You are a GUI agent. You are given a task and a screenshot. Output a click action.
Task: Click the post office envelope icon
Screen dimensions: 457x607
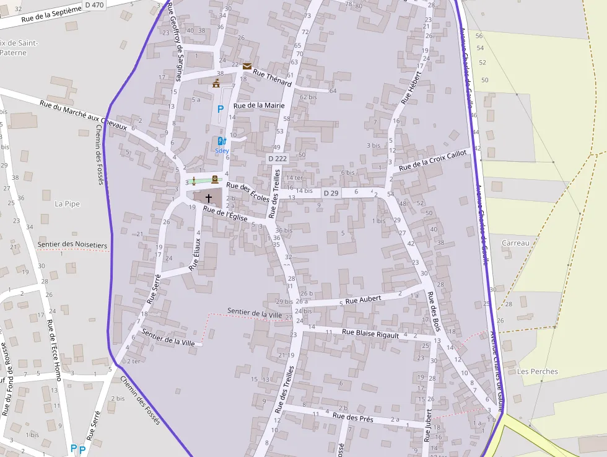pyautogui.click(x=247, y=66)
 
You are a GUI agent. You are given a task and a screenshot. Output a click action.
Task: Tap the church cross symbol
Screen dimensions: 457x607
pyautogui.click(x=209, y=198)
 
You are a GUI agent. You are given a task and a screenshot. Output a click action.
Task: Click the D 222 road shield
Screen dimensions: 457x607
pyautogui.click(x=277, y=159)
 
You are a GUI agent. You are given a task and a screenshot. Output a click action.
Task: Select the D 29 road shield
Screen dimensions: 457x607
pyautogui.click(x=331, y=193)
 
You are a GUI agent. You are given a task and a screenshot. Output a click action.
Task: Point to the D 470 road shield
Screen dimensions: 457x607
pyautogui.click(x=95, y=4)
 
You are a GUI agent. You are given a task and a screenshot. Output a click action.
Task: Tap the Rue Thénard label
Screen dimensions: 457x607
pyautogui.click(x=273, y=78)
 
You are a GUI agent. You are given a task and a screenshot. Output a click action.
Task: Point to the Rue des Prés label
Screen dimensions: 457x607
pyautogui.click(x=353, y=417)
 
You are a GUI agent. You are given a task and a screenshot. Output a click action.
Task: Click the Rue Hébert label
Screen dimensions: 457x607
pyautogui.click(x=411, y=89)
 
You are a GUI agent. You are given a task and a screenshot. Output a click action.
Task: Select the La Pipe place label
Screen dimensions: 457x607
pyautogui.click(x=68, y=203)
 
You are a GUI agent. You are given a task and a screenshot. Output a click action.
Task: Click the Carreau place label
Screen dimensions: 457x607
pyautogui.click(x=515, y=243)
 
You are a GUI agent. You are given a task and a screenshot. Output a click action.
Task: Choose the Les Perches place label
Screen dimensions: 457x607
pyautogui.click(x=537, y=371)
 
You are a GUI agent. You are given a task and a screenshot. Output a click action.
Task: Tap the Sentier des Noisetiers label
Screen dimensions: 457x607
pyautogui.click(x=72, y=245)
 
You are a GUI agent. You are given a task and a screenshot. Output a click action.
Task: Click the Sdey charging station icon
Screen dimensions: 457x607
pyautogui.click(x=222, y=141)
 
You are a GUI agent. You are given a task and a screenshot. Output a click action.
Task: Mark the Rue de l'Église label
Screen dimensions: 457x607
pyautogui.click(x=225, y=214)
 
